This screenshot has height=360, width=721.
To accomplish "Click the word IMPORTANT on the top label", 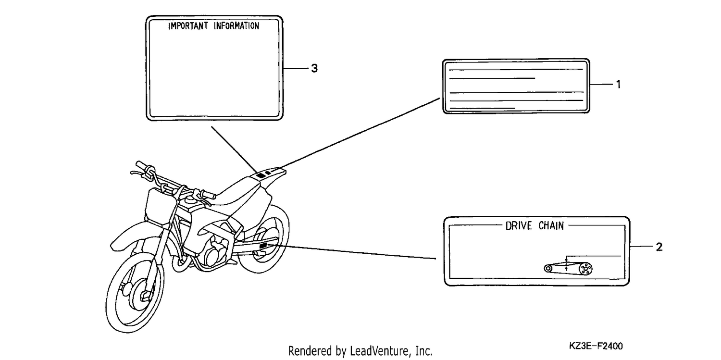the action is coord(188,26).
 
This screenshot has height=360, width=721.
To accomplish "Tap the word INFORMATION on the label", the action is coord(236,26).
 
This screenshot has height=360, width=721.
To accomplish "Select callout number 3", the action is coord(314,68).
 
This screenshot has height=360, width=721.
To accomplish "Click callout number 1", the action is coord(618,84).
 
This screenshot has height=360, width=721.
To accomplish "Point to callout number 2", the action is coord(659,247).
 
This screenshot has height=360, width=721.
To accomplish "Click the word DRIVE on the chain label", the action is coord(519,226).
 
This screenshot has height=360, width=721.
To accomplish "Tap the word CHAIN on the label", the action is coord(551,226).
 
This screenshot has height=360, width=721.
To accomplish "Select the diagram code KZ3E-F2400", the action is coord(596,346).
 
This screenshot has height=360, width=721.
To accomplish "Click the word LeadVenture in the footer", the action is coord(379,351).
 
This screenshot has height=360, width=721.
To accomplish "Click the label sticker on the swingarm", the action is coord(263,246).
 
